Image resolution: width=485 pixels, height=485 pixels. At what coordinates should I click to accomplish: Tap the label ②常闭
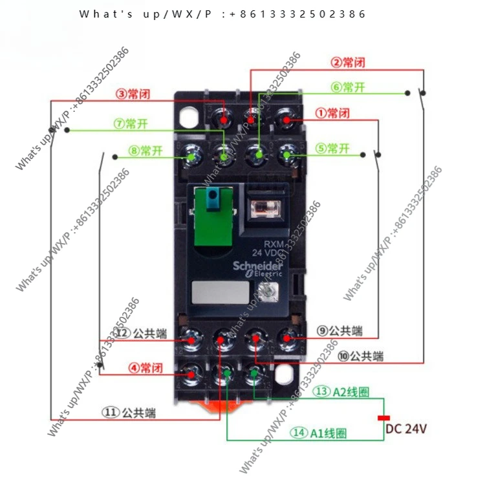click(348, 63)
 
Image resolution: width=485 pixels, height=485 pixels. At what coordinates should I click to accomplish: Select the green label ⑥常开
click(348, 87)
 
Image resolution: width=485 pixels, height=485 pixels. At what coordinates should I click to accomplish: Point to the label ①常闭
click(332, 113)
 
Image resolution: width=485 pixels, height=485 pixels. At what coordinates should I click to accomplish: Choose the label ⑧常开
click(145, 151)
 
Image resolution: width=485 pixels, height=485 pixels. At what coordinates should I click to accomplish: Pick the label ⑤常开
click(332, 149)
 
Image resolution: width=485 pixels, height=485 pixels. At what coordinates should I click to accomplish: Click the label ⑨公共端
click(339, 331)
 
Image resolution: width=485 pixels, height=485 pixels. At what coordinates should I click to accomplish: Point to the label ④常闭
click(145, 368)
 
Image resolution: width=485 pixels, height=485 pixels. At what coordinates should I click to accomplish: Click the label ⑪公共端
click(130, 412)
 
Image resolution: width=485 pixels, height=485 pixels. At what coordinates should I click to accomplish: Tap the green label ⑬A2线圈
click(341, 391)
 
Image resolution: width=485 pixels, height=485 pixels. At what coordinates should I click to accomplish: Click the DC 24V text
click(406, 429)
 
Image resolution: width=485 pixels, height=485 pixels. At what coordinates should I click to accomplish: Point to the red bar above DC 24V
click(384, 418)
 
